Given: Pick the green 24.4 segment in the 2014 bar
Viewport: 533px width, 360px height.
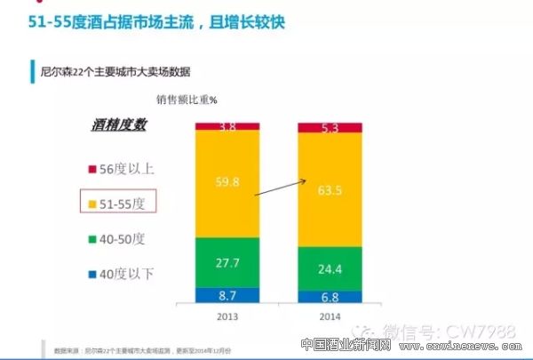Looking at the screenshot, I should click(330, 268).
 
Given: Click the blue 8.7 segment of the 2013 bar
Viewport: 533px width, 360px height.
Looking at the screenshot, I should click(227, 293).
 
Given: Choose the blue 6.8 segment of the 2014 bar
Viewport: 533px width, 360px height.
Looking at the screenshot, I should click(330, 297).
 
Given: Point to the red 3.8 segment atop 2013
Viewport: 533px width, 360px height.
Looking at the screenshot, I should click(227, 127).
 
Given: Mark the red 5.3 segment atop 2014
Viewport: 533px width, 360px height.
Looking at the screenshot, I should click(330, 128).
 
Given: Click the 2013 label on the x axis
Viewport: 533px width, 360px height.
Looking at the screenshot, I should click(227, 316).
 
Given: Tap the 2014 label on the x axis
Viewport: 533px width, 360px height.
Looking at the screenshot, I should click(329, 316).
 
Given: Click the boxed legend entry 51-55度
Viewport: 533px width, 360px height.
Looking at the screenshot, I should click(118, 203).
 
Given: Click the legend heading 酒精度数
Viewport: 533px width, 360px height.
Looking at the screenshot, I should click(118, 124).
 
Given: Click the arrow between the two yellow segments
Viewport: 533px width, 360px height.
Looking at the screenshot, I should click(279, 186).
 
